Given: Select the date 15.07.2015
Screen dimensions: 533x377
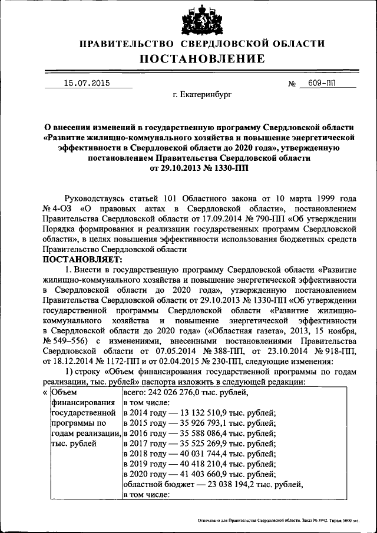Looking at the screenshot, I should click(86, 84).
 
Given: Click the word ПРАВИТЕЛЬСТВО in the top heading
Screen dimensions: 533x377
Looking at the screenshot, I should click(126, 44).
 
